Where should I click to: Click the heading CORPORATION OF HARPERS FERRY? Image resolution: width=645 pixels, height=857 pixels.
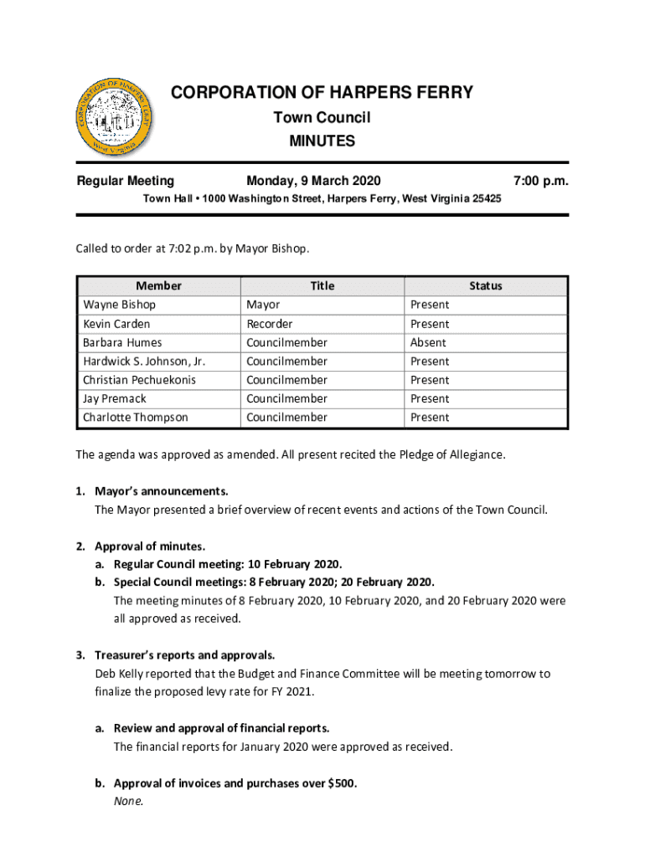(322, 92)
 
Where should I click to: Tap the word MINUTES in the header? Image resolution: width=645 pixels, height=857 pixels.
(322, 141)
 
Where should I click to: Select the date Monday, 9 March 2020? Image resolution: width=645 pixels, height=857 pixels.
(313, 181)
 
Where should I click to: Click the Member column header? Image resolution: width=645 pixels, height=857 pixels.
(159, 286)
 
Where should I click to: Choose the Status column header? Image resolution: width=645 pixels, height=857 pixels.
(486, 286)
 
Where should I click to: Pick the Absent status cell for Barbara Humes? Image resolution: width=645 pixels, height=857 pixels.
(428, 342)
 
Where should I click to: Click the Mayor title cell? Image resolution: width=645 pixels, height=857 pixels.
(263, 305)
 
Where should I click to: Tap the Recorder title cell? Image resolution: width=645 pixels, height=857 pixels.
(270, 324)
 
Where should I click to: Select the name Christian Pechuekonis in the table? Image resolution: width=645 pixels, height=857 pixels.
(139, 380)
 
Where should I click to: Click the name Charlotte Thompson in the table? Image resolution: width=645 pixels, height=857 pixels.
(135, 418)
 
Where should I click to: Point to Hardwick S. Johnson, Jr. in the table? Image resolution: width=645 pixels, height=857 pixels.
(144, 362)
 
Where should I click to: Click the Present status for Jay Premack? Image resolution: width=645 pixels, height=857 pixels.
(430, 399)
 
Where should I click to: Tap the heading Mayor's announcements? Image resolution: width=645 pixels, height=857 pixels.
(161, 491)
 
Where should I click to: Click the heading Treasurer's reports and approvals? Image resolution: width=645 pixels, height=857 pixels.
(185, 655)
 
